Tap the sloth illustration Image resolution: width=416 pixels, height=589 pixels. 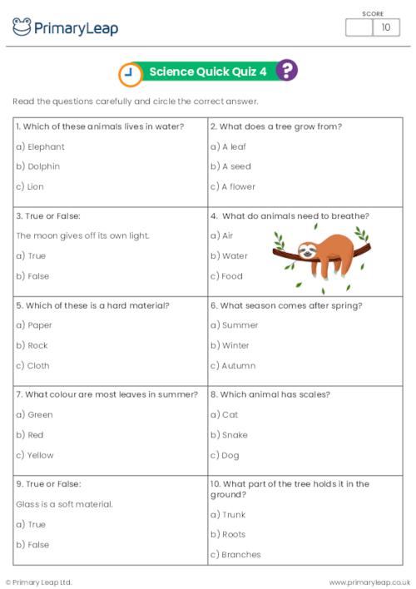(320, 249)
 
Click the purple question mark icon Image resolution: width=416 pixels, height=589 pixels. (287, 71)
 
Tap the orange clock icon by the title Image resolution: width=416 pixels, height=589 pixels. (130, 74)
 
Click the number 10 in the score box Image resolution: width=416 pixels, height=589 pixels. (385, 27)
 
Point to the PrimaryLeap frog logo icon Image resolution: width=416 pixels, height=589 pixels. (22, 27)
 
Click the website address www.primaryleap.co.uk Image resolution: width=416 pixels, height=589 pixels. (369, 582)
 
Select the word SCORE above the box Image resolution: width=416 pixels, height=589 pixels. (373, 13)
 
